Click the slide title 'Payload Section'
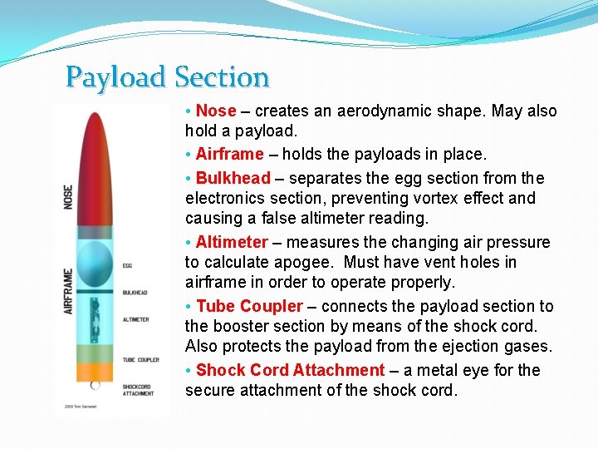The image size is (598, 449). point(168,77)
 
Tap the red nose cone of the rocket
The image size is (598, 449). point(96,170)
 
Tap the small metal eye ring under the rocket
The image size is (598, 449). point(96,385)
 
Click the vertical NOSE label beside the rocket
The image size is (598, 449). point(69,197)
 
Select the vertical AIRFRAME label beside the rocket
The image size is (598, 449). point(69,290)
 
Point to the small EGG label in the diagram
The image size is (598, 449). point(127,266)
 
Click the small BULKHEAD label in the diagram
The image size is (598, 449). point(135,293)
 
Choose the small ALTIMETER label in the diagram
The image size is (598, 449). point(135,319)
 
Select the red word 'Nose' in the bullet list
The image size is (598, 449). point(216,111)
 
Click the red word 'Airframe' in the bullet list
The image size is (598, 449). point(229,154)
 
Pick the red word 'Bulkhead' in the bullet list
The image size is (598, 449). point(233,178)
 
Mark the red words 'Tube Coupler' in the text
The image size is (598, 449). point(249,306)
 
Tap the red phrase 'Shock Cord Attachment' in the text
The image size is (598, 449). point(290,370)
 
